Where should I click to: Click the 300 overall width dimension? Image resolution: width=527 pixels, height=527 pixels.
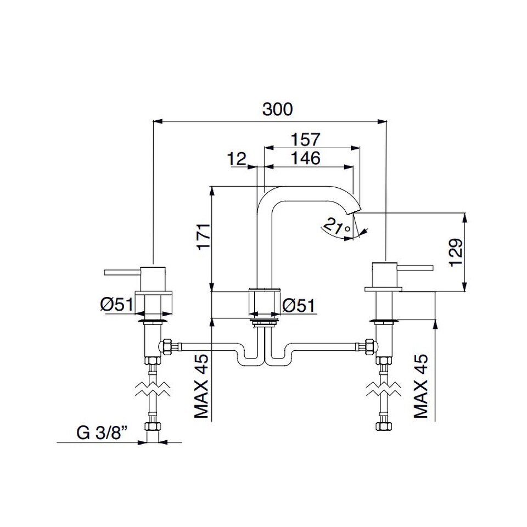pyautogui.click(x=277, y=110)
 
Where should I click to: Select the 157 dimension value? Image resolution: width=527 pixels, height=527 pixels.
pyautogui.click(x=306, y=139)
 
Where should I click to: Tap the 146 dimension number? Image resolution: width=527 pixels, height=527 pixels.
pyautogui.click(x=306, y=158)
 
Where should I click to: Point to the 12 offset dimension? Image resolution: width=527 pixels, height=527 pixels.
pyautogui.click(x=237, y=159)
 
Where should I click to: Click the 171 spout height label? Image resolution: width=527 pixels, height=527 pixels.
pyautogui.click(x=203, y=236)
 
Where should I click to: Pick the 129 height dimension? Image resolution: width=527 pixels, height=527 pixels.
pyautogui.click(x=456, y=253)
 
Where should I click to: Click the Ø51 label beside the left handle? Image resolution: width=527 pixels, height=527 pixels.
pyautogui.click(x=117, y=305)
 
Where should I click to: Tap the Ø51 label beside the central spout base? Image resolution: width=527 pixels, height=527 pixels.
pyautogui.click(x=299, y=306)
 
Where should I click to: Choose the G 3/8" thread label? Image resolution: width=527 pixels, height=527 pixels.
pyautogui.click(x=103, y=433)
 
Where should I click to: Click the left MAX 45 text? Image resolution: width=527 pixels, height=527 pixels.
pyautogui.click(x=201, y=386)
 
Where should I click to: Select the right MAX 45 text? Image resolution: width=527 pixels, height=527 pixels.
pyautogui.click(x=421, y=386)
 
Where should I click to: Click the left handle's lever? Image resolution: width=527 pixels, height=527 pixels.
pyautogui.click(x=122, y=272)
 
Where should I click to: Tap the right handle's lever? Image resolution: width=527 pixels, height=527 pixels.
pyautogui.click(x=415, y=268)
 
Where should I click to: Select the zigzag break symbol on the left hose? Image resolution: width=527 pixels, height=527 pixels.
pyautogui.click(x=153, y=389)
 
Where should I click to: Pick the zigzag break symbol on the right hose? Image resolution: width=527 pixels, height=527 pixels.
pyautogui.click(x=384, y=389)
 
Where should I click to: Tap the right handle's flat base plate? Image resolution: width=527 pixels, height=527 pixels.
pyautogui.click(x=384, y=289)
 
